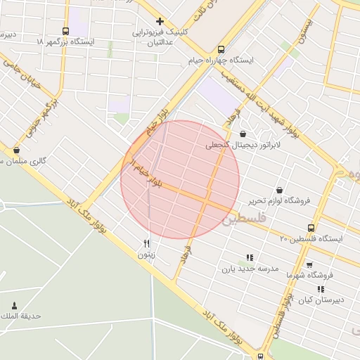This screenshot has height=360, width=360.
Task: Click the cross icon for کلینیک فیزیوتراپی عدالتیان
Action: [x=160, y=21]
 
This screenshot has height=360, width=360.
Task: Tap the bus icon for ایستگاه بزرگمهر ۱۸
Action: [x=65, y=31]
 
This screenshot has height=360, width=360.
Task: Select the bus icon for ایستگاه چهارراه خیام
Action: [x=221, y=49]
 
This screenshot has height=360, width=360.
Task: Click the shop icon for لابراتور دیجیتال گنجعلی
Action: [x=243, y=134]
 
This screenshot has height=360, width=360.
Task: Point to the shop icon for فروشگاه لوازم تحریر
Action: [x=280, y=190]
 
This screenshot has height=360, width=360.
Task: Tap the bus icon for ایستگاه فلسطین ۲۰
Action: [x=311, y=227]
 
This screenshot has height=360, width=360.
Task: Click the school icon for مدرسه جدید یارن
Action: [x=249, y=257]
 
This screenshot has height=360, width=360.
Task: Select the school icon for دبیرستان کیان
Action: [x=321, y=289]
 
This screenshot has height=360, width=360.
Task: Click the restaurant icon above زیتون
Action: [x=146, y=243]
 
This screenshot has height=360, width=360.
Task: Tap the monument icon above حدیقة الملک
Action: [x=14, y=305]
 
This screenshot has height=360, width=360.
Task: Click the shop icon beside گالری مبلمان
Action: [x=16, y=150]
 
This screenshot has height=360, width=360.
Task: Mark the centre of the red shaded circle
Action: [x=180, y=179]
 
